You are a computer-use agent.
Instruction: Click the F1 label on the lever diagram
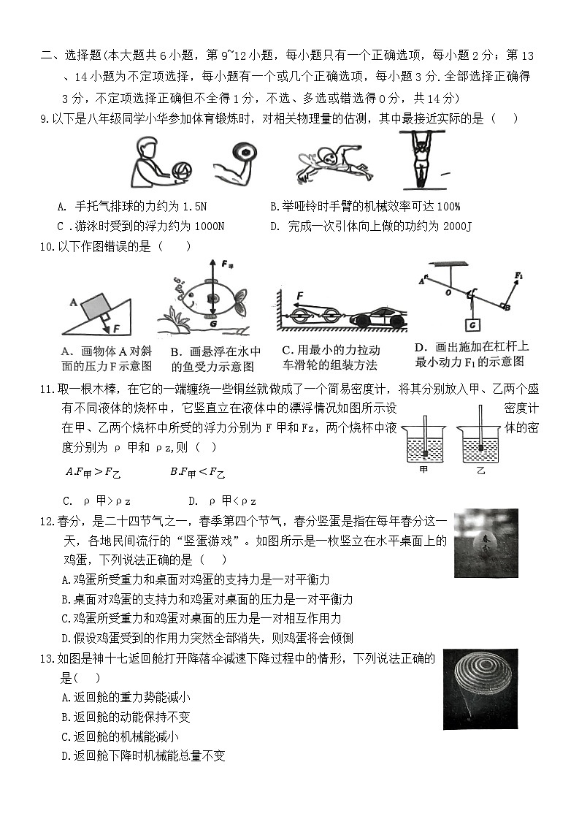click(x=518, y=275)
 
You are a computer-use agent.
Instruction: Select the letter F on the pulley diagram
click(x=299, y=295)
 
